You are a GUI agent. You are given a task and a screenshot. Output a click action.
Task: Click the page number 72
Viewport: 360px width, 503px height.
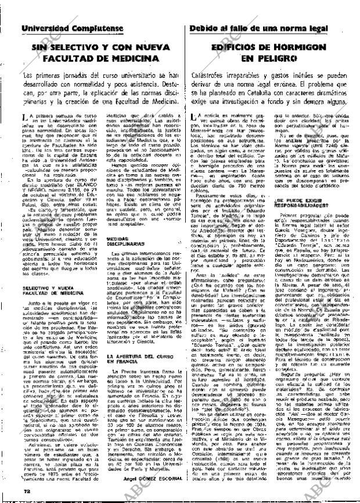pyautogui.click(x=26, y=491)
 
